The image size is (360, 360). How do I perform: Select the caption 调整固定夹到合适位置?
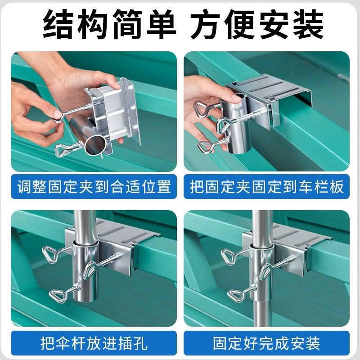(94, 186)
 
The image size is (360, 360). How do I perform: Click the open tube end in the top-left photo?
(96, 146)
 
